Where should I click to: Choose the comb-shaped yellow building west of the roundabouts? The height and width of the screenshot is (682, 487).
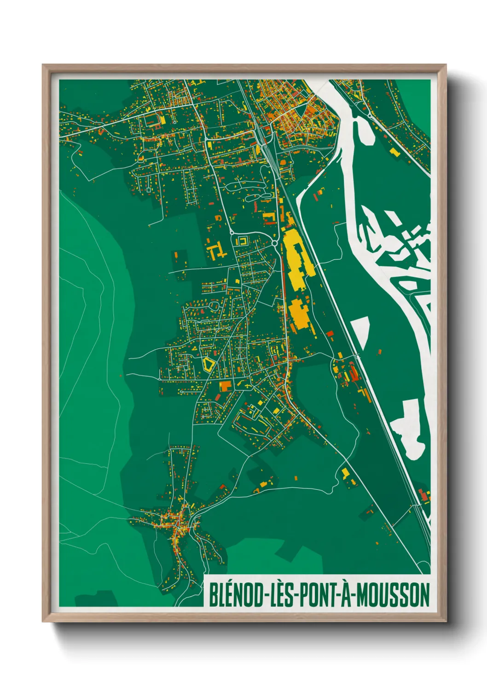(215, 251)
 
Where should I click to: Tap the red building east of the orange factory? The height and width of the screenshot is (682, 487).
(330, 333)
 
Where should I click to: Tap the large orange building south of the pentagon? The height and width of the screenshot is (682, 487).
(226, 386)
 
